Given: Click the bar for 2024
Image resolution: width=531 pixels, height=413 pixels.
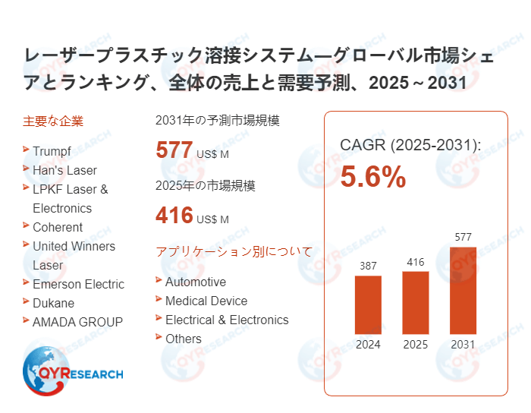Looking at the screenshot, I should pos(368,304).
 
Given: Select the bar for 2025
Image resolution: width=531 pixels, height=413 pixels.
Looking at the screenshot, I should pos(416,302).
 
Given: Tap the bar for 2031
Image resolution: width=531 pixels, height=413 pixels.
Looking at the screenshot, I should pos(463,290).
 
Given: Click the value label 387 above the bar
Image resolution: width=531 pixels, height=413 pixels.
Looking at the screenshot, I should pos(368,266).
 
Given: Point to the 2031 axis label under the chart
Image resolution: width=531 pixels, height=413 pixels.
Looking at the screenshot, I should pos(463,345).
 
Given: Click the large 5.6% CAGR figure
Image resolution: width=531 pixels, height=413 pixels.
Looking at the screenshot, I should pos(372,177).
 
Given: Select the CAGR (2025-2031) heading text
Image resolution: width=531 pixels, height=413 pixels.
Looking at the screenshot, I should pos(410,144).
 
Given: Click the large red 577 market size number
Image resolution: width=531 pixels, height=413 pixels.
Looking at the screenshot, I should pos(174,150).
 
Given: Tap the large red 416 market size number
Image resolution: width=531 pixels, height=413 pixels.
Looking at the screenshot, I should pos(174,216).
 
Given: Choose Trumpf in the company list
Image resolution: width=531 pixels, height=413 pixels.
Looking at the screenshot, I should pos(52,151).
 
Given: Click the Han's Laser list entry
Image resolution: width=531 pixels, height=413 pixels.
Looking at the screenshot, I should pos(64,170).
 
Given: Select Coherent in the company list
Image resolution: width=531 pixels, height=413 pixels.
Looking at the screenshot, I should pos(58,227).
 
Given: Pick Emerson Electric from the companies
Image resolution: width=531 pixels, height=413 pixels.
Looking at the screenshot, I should pos(78,284).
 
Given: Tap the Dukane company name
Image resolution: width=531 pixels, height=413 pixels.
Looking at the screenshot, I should pos(53,303).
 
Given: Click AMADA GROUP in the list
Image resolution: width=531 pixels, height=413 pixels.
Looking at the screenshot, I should pos(77,322).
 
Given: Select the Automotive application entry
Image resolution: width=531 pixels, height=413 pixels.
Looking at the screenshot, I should pos(195,282).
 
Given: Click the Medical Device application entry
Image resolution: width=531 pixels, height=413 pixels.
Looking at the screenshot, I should pos(206,301).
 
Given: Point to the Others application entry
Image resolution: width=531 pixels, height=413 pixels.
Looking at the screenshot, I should pos(184,339).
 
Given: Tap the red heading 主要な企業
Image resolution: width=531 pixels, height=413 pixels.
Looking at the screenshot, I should pos(53,121).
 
